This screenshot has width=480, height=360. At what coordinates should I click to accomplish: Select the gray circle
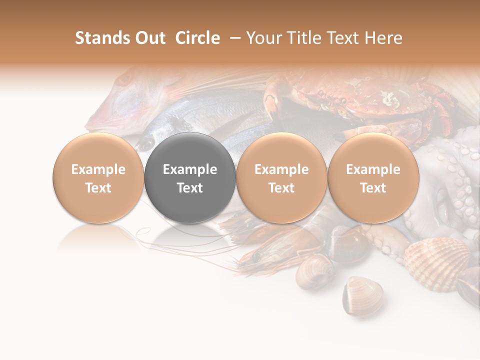coord(190,178)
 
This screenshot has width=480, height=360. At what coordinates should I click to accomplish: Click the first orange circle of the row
coord(98,178)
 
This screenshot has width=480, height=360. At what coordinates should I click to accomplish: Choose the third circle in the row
coord(281,178)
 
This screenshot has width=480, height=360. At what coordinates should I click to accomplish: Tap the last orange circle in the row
coord(373,178)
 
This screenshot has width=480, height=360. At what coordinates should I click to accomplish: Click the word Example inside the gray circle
coord(190,169)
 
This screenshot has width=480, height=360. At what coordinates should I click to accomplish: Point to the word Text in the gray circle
coord(190,188)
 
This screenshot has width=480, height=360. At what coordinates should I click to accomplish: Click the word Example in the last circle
coord(373,169)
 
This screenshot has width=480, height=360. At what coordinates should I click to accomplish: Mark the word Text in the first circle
coord(98,188)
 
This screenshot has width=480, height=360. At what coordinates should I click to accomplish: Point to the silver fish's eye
coord(146,144)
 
